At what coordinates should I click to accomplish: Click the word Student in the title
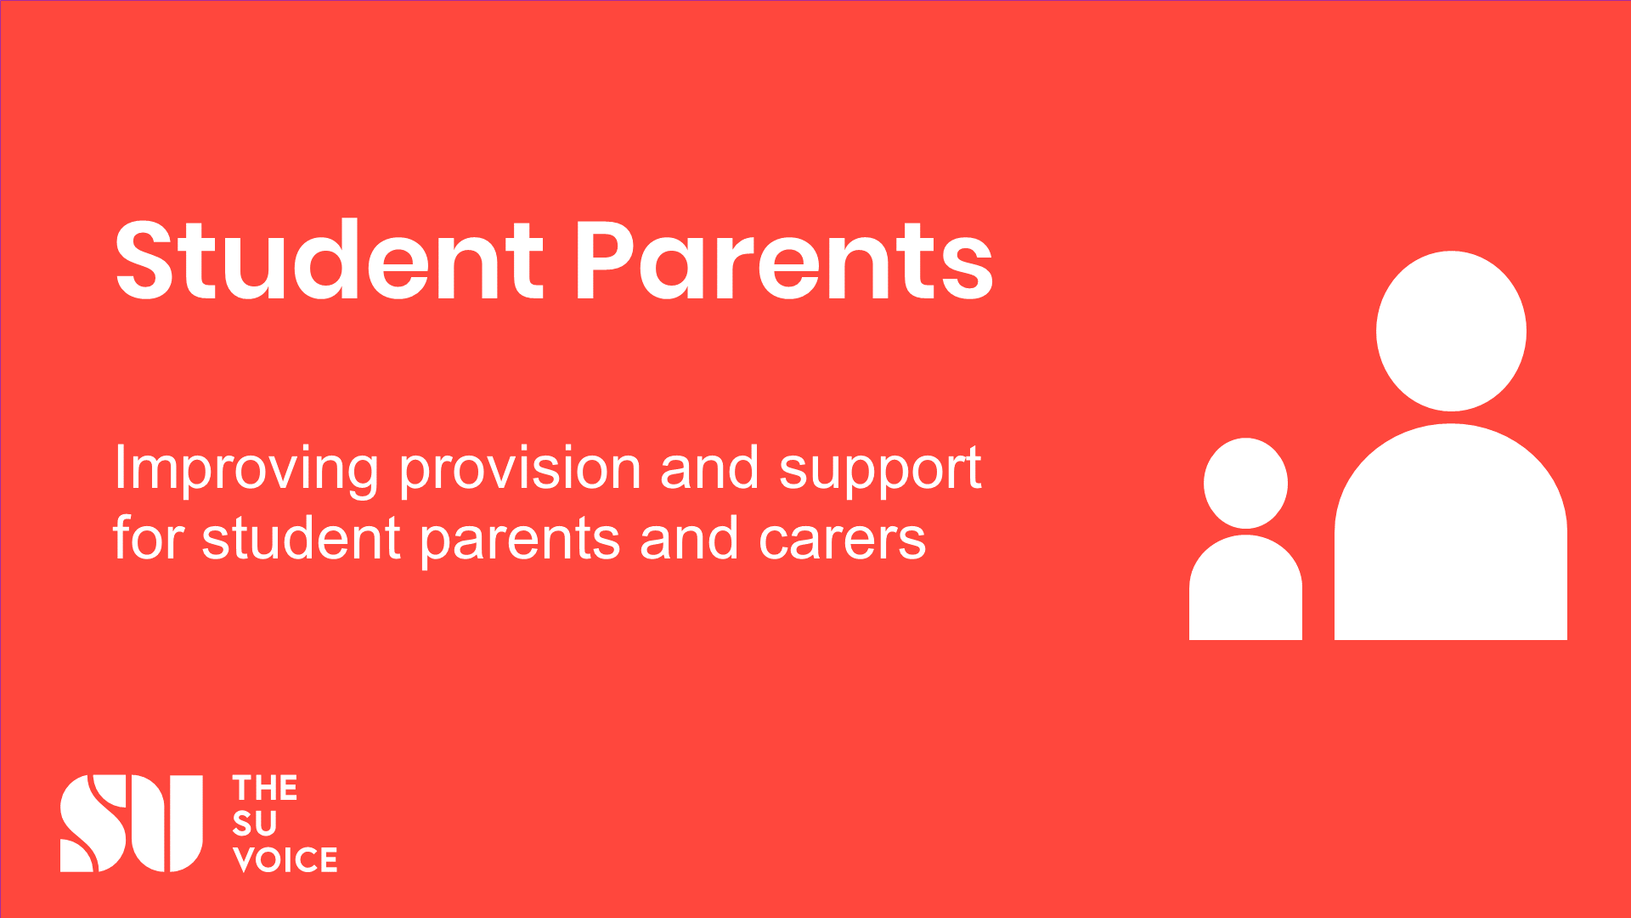pos(329,259)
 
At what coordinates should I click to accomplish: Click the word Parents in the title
pos(784,260)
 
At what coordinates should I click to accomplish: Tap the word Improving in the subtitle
pos(246,470)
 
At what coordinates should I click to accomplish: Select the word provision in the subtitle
pos(521,470)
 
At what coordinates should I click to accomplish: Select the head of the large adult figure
pos(1451,331)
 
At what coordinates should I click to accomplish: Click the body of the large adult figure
pos(1451,532)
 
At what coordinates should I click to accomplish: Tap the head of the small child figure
pos(1246,484)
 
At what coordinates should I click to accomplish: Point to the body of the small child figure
pos(1245,587)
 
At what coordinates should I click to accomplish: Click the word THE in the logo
pos(265,789)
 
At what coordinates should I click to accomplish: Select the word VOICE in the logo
pos(285,859)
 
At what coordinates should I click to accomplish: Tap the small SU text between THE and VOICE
pos(255,824)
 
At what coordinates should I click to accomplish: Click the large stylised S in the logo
pos(93,823)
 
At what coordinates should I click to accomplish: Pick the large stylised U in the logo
pos(166,823)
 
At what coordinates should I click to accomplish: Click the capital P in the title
pos(604,261)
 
